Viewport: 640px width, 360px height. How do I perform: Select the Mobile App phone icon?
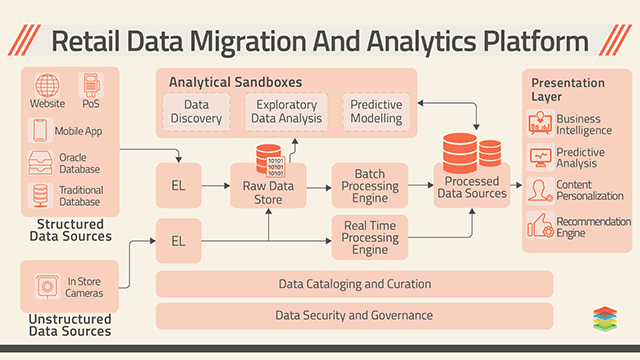pos(40,130)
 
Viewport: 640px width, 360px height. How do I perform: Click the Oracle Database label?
pos(80,162)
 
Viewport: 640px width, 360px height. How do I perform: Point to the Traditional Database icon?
pos(40,194)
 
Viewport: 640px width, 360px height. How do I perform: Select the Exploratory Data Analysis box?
pos(287,111)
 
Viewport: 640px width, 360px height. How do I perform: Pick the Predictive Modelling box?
pos(376,111)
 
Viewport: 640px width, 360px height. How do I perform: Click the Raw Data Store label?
pos(268,192)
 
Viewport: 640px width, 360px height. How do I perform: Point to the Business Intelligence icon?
pos(539,124)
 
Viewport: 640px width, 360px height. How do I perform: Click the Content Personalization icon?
pos(539,190)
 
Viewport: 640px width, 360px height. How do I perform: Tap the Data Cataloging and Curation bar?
pos(354,284)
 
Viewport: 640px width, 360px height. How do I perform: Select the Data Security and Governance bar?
pos(354,315)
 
